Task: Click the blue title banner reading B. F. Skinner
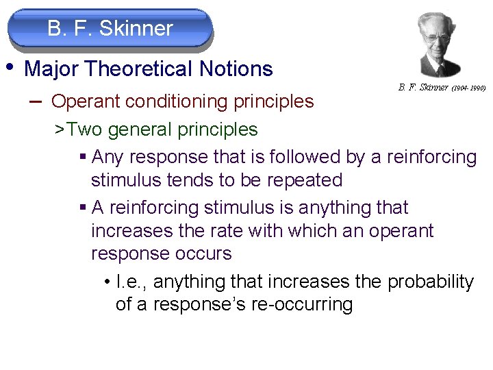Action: click(110, 29)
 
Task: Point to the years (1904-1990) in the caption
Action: click(468, 88)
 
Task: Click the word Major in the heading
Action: click(52, 69)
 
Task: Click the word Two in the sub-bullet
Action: click(84, 129)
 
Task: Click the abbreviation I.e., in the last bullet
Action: click(129, 282)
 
